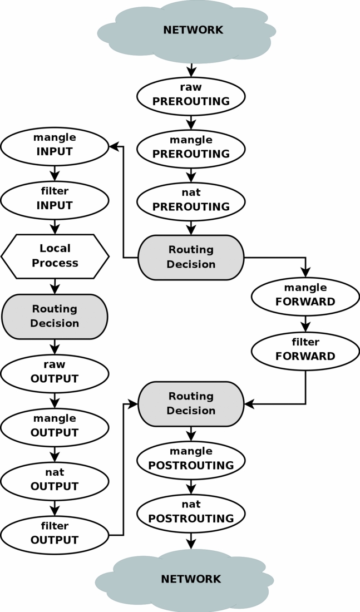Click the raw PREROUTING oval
191,95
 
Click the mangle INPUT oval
55,145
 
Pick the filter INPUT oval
55,199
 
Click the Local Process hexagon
55,256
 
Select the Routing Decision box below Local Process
55,316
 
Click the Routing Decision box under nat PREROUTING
191,257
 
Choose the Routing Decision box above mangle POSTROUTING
191,403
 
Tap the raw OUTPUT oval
55,372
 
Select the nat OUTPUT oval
55,480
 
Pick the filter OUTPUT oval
55,534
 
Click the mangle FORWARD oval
305,295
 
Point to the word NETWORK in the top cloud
193,30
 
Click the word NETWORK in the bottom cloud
191,579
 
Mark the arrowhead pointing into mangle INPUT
114,146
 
